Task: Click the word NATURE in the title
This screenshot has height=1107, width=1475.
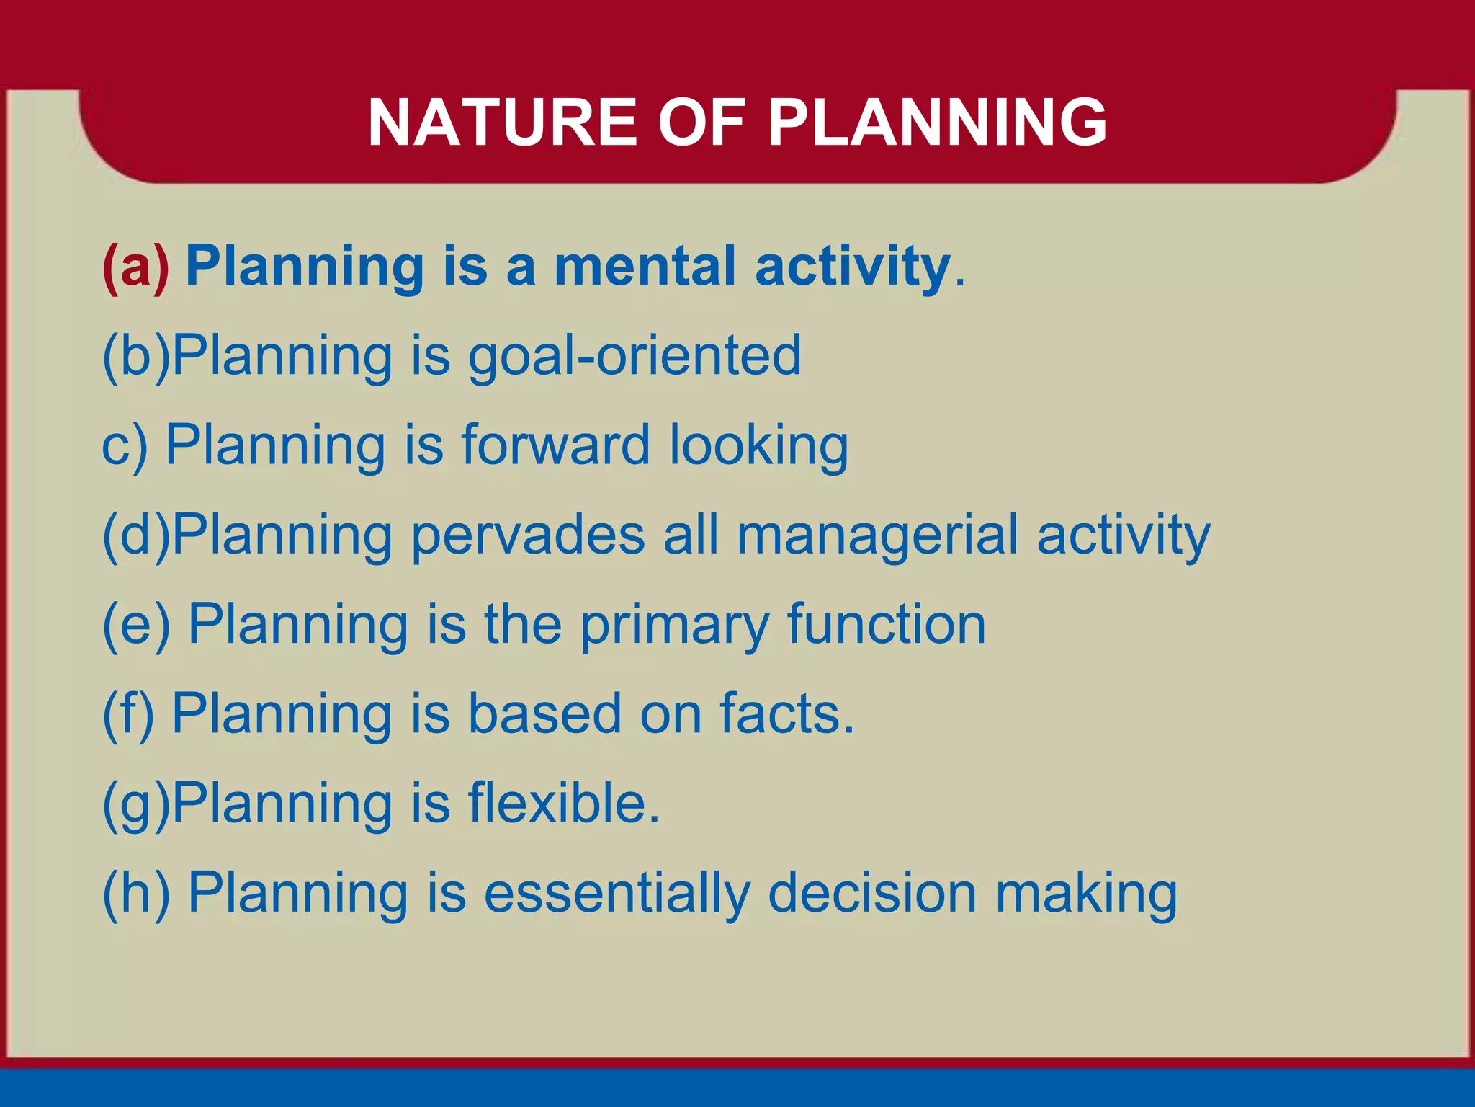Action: pos(503,123)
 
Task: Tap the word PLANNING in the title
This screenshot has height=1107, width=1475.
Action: pos(937,123)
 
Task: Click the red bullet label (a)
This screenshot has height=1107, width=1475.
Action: pos(135,267)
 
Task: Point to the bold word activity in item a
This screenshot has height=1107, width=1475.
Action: pos(853,267)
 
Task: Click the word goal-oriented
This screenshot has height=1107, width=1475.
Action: pos(635,356)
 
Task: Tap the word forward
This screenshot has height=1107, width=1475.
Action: pos(555,445)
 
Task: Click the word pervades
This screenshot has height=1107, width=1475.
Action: pos(528,535)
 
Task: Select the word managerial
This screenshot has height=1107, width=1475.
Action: pos(878,535)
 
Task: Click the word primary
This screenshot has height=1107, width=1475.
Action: pos(675,626)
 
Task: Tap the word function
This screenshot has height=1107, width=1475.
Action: pos(887,624)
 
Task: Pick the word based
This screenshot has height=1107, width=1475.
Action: pos(544,713)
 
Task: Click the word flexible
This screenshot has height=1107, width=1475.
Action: pos(564,803)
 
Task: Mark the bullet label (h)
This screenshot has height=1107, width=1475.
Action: pos(136,894)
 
